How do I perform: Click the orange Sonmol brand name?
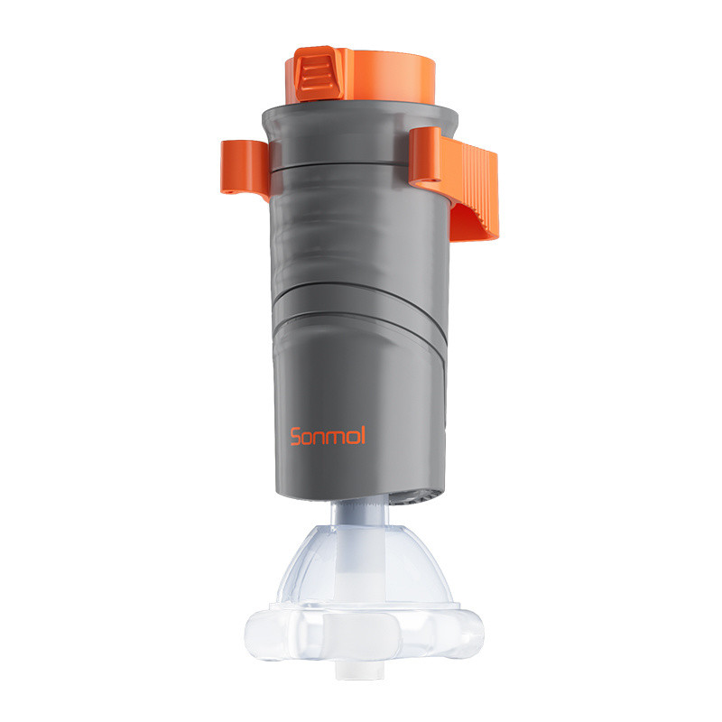point(328,436)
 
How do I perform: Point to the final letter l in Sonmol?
point(362,435)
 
